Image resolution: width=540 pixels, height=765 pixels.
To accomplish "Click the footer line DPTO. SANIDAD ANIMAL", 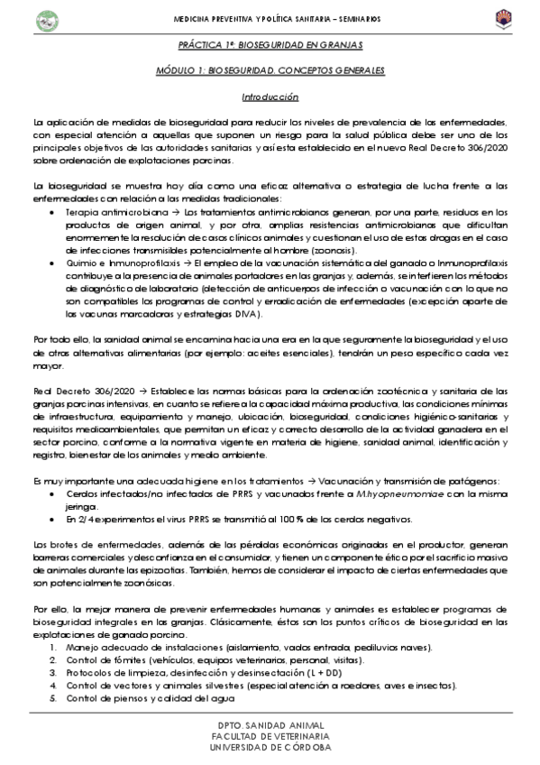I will click(x=270, y=727).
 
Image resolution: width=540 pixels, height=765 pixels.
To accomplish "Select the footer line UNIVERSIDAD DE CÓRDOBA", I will click(x=270, y=748).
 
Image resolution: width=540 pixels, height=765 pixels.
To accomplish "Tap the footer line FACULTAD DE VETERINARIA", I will click(x=270, y=737).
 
